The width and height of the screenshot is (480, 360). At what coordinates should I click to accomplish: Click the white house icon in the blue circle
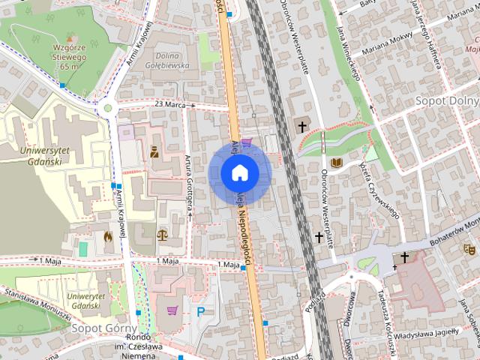point(239,172)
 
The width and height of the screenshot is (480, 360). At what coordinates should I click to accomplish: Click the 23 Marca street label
point(170,104)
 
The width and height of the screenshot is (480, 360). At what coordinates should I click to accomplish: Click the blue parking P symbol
point(200,311)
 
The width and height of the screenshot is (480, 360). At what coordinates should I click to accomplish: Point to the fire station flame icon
point(108,236)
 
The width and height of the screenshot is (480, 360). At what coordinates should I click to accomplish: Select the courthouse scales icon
point(161,235)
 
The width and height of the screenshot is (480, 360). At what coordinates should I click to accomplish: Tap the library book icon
point(337,163)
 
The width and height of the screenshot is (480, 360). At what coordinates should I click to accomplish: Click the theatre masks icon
point(470,247)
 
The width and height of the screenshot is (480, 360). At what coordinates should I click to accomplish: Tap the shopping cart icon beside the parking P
point(172,310)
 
